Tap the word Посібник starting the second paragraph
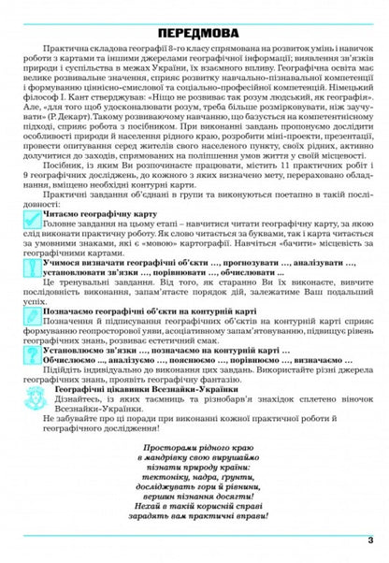coord(64,163)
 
